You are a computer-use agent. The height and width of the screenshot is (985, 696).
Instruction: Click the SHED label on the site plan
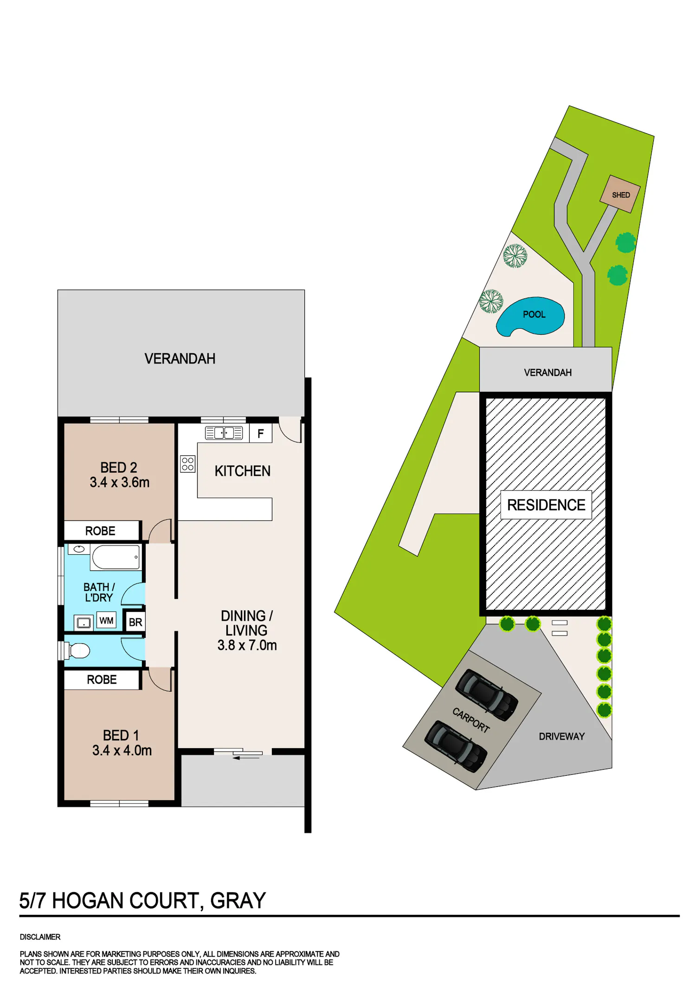click(621, 195)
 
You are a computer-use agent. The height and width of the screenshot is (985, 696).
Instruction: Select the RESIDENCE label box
click(546, 505)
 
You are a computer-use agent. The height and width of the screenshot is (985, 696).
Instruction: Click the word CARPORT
click(471, 720)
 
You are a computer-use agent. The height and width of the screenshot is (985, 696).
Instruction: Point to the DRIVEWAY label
click(561, 737)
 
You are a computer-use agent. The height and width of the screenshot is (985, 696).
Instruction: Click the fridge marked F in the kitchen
click(261, 433)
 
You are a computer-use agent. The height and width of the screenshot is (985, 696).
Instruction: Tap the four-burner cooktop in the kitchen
click(188, 464)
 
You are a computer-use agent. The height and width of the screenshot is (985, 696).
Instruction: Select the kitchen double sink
click(224, 433)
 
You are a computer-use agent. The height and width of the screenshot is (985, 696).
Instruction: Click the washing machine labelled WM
click(107, 621)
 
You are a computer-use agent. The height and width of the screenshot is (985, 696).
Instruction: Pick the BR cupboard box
click(135, 622)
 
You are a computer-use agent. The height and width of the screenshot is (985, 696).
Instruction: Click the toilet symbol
click(75, 650)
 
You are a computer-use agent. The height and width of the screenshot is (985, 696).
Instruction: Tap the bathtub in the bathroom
click(116, 557)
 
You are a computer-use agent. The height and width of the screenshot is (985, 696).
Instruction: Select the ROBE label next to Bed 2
click(100, 531)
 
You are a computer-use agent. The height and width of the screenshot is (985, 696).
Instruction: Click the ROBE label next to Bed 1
click(102, 680)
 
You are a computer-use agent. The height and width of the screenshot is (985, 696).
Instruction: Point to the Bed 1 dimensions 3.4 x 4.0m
click(122, 751)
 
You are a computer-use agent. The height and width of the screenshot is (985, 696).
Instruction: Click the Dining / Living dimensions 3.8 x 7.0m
click(247, 645)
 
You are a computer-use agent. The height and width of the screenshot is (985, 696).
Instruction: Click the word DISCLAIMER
click(40, 937)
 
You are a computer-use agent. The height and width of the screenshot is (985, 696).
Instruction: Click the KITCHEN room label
click(242, 471)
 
